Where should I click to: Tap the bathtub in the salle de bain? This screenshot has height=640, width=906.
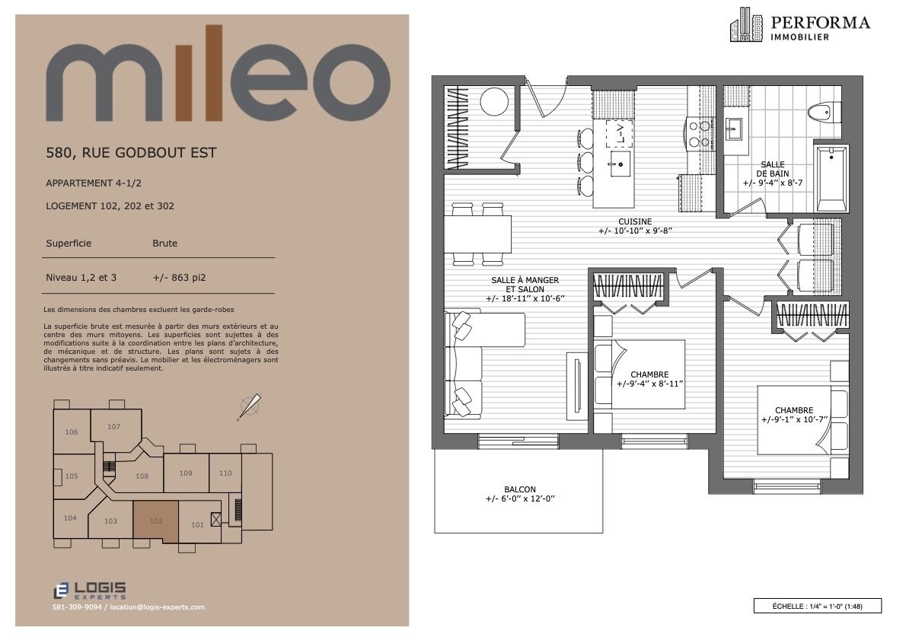click(x=831, y=179)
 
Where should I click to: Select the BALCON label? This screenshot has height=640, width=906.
click(x=519, y=489)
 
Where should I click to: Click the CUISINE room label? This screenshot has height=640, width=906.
click(x=635, y=221)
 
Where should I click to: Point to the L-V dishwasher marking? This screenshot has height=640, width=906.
click(x=619, y=134)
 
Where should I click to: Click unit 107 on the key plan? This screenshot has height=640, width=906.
click(x=114, y=427)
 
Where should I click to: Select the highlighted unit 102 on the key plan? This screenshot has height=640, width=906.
click(x=156, y=521)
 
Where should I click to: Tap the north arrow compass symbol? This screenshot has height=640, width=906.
click(x=250, y=406)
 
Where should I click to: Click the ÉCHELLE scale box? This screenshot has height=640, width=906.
click(x=817, y=606)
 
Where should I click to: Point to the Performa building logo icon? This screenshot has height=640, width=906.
click(x=747, y=25)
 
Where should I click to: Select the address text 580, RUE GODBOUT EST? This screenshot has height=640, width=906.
click(x=131, y=153)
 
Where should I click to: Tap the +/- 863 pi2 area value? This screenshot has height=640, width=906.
click(x=179, y=277)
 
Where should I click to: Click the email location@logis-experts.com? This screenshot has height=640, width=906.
click(x=157, y=607)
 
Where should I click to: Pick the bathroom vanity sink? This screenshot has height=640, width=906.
click(x=735, y=129)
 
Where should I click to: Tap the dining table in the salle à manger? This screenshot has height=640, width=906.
click(x=478, y=234)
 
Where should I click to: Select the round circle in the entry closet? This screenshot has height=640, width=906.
click(x=494, y=102)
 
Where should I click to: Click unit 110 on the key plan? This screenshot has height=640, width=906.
click(x=225, y=473)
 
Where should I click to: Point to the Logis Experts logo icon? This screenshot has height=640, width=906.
click(x=61, y=591)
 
